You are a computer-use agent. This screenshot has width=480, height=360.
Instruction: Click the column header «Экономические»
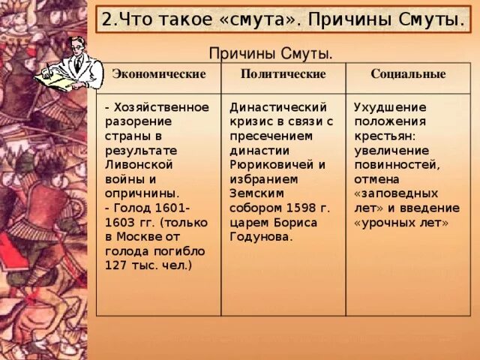coord(158,74)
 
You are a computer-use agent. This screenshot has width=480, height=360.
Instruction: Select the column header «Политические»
coord(283,74)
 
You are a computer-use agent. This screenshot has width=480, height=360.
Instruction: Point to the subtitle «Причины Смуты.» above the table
coord(270,53)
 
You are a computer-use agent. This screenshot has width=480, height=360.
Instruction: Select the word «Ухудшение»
coord(389,107)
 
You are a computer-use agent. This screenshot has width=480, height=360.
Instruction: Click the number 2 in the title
coord(105,19)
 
